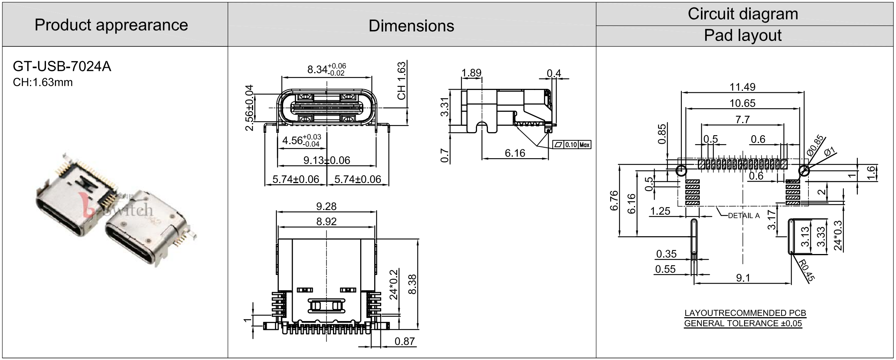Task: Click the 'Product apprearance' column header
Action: (111, 25)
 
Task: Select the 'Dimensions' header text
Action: (411, 26)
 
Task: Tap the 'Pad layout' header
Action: (743, 35)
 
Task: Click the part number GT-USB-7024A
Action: (62, 67)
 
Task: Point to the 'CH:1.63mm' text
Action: (43, 83)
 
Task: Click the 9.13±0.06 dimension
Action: (327, 160)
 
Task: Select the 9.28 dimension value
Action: (326, 206)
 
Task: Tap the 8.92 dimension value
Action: (326, 221)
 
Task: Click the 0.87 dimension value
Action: (405, 342)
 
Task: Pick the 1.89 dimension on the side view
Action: (471, 73)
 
